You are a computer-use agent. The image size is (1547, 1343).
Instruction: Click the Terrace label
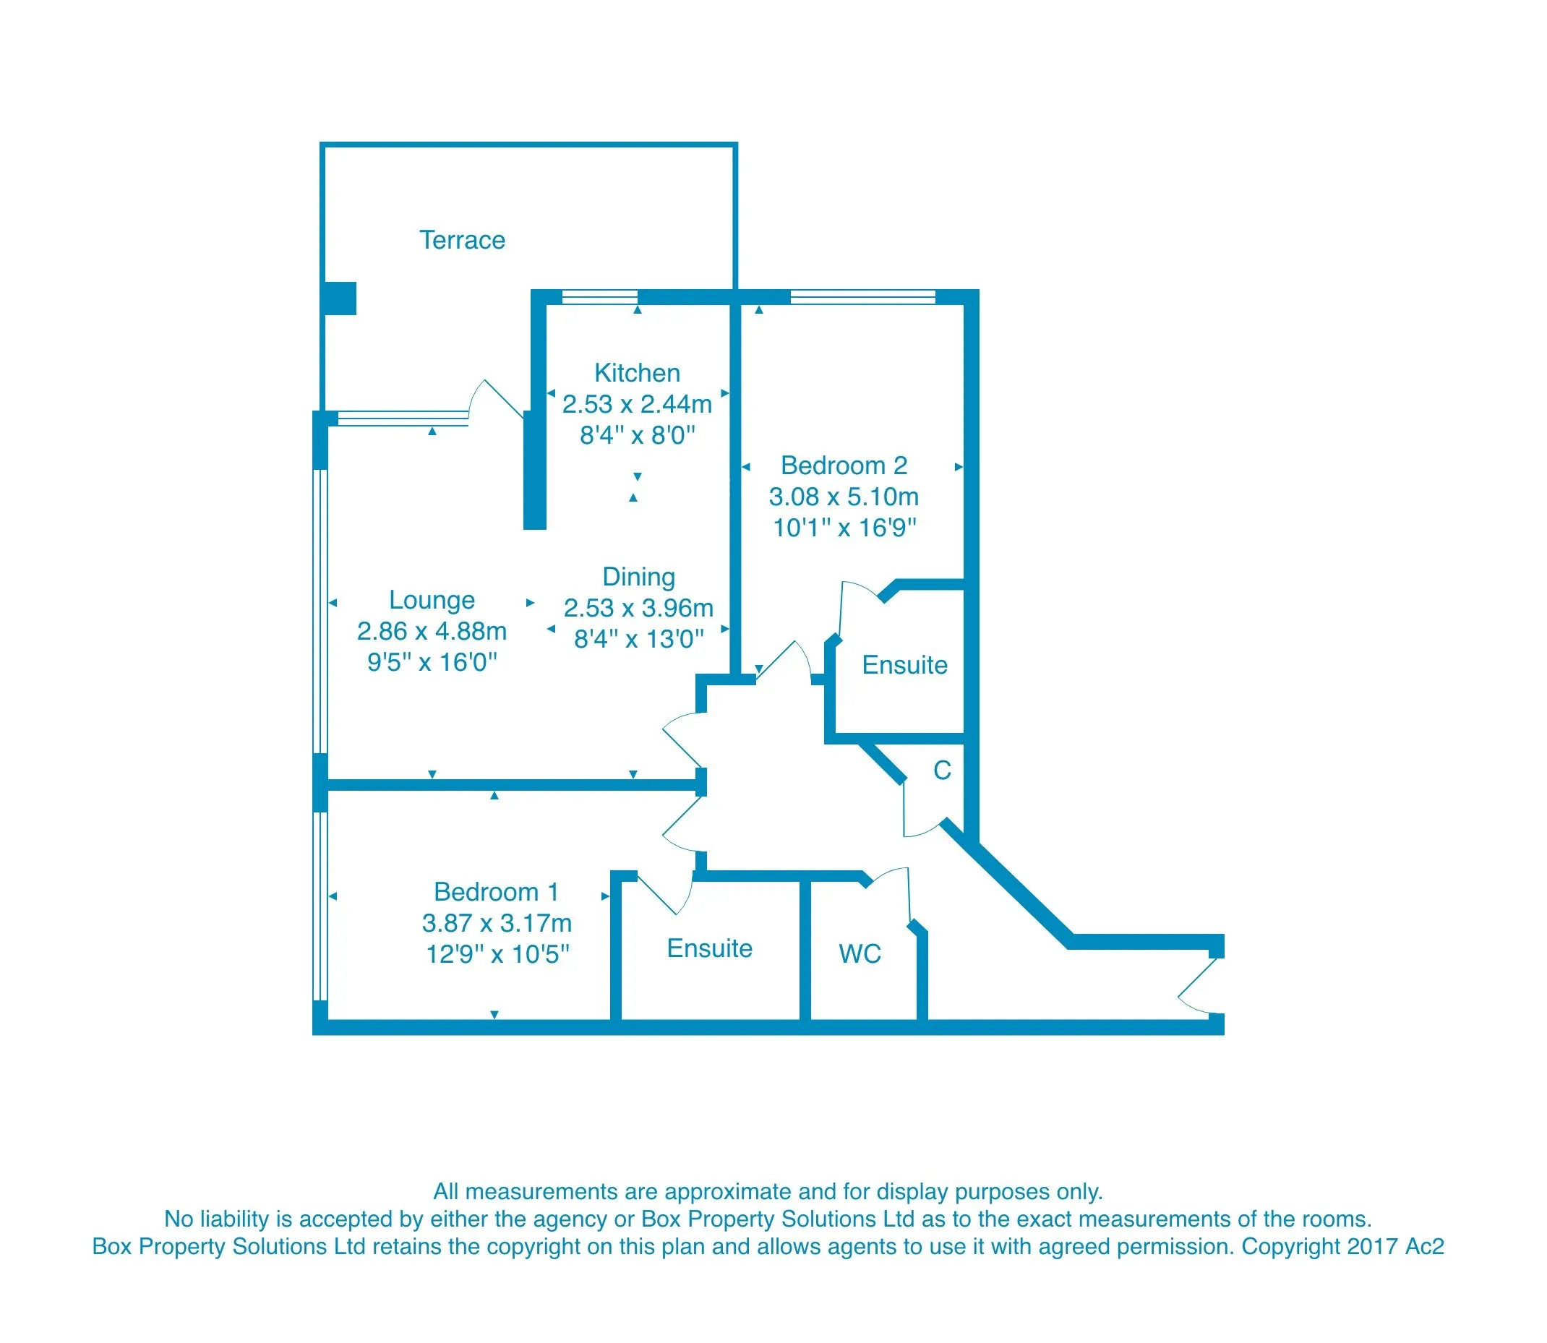point(462,241)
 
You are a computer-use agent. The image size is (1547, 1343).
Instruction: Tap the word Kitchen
point(637,373)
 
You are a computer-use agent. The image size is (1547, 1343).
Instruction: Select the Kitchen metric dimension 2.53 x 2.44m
point(637,405)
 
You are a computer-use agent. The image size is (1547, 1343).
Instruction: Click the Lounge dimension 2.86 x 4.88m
point(432,632)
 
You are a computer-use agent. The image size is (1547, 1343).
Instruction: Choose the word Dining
point(638,577)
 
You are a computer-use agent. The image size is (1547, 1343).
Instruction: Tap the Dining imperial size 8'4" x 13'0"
point(638,639)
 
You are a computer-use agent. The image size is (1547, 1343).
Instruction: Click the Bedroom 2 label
point(844,466)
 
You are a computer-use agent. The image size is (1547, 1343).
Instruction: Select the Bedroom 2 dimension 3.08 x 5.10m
point(844,497)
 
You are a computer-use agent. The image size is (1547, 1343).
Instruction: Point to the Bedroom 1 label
point(496,892)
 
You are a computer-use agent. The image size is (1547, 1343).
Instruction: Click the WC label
point(860,954)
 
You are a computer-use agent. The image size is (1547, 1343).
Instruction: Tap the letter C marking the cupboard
point(942,771)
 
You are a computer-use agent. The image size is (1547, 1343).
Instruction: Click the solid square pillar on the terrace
point(340,299)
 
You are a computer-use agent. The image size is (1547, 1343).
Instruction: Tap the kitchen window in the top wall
point(599,298)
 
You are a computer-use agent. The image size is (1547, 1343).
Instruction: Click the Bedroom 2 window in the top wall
point(862,298)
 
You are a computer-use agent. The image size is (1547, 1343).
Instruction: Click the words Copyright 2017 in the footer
point(1320,1246)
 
